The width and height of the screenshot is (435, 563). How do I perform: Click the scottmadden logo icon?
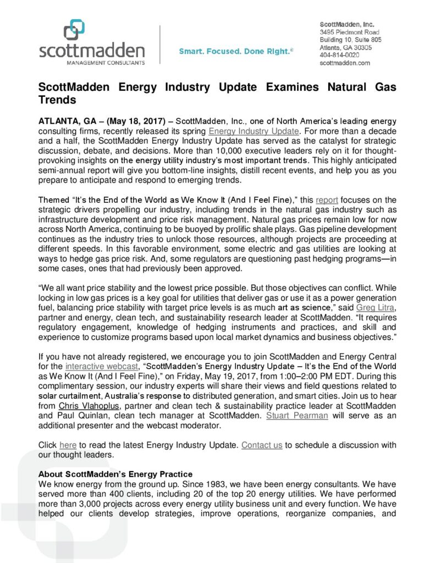pyautogui.click(x=74, y=30)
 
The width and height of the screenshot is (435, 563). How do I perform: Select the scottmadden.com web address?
pyautogui.click(x=345, y=63)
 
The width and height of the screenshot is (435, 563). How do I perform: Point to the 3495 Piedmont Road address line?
pyautogui.click(x=350, y=32)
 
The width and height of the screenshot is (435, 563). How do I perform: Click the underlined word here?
pyautogui.click(x=68, y=445)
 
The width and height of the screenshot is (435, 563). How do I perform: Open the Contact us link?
pyautogui.click(x=262, y=445)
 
